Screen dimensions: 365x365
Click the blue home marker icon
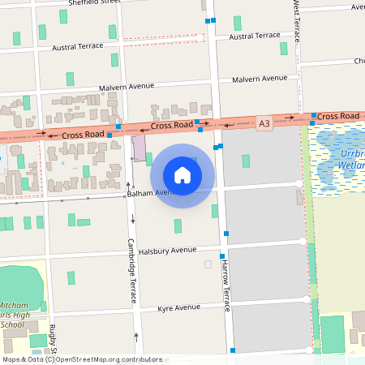(x=182, y=175)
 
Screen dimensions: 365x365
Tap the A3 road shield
(x=264, y=123)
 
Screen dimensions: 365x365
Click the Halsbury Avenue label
(x=167, y=251)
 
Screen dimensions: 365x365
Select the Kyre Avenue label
(x=178, y=308)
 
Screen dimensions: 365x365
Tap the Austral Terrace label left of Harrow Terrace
(x=78, y=46)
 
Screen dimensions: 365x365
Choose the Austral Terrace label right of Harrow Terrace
(x=255, y=36)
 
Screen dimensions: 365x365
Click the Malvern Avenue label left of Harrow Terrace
(x=126, y=87)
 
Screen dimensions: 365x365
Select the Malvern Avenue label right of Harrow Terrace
(x=260, y=79)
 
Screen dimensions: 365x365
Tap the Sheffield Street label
(x=89, y=3)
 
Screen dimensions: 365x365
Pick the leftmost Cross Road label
(x=82, y=133)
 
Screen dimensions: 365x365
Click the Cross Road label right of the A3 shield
(x=337, y=117)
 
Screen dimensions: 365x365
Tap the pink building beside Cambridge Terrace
(x=140, y=148)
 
